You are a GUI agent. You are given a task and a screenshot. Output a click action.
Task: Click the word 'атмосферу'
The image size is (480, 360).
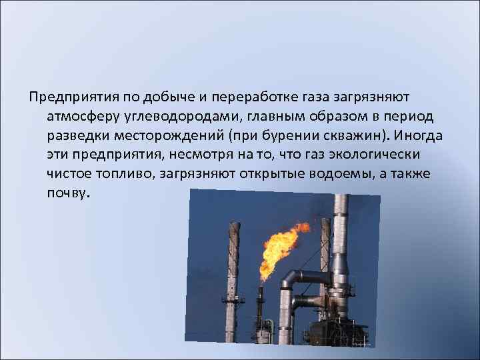point(82,117)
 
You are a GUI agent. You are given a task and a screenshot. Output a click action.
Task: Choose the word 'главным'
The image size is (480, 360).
point(288,117)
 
